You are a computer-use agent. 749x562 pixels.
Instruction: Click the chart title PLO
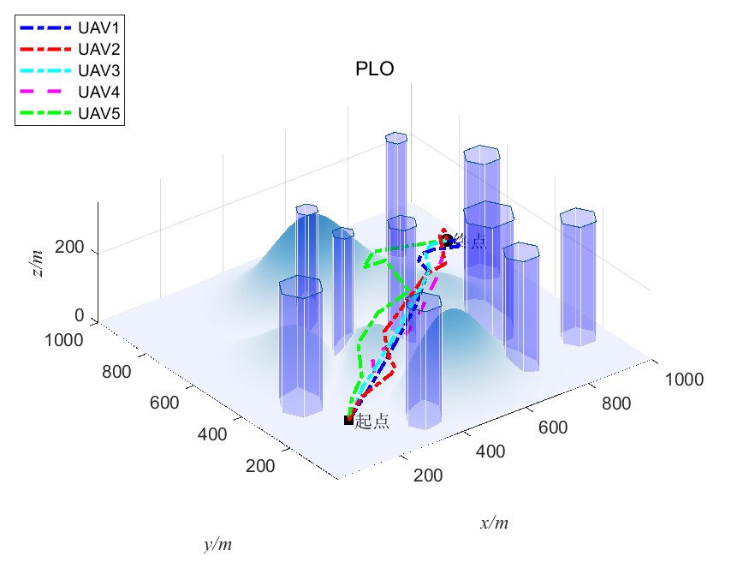374,70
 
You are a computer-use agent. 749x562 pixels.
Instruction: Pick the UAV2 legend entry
97,49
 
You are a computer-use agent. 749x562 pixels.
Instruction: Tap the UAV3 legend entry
97,69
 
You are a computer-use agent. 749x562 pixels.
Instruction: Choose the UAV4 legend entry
97,91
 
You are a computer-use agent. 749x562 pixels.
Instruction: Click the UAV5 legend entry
97,112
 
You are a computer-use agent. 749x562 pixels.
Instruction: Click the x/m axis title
494,523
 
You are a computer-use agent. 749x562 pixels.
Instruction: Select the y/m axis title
217,544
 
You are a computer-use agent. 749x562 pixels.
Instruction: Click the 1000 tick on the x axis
684,380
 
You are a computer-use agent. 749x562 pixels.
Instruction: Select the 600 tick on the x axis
552,427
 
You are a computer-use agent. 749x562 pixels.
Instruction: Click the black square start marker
348,420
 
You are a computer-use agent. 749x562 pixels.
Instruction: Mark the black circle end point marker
446,241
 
